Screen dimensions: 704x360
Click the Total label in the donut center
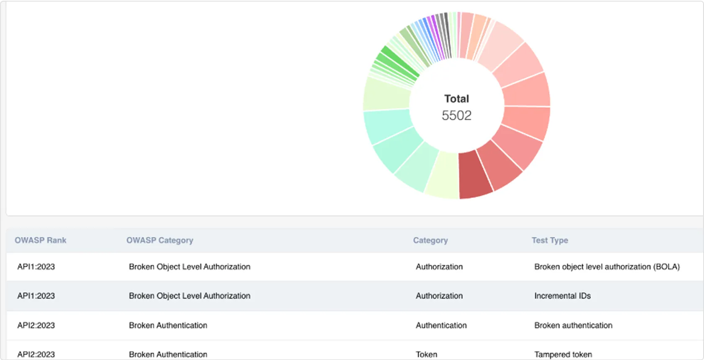[456, 99]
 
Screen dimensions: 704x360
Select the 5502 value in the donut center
[456, 115]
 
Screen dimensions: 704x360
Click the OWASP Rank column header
[41, 240]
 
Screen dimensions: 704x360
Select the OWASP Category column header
[160, 240]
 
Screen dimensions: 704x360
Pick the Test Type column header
[550, 240]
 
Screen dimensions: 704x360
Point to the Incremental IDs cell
[562, 296]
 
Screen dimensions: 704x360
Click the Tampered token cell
[563, 354]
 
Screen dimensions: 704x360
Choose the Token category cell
[426, 354]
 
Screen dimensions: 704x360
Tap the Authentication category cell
[441, 325]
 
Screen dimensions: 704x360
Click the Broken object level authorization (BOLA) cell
[607, 267]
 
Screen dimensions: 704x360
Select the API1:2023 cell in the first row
[36, 267]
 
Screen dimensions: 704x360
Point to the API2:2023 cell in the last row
[36, 354]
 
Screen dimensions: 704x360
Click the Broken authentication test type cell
[573, 325]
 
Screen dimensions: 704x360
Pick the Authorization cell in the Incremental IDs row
[439, 296]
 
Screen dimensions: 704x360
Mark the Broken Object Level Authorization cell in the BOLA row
[189, 267]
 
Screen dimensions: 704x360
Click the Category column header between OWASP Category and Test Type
[430, 240]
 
